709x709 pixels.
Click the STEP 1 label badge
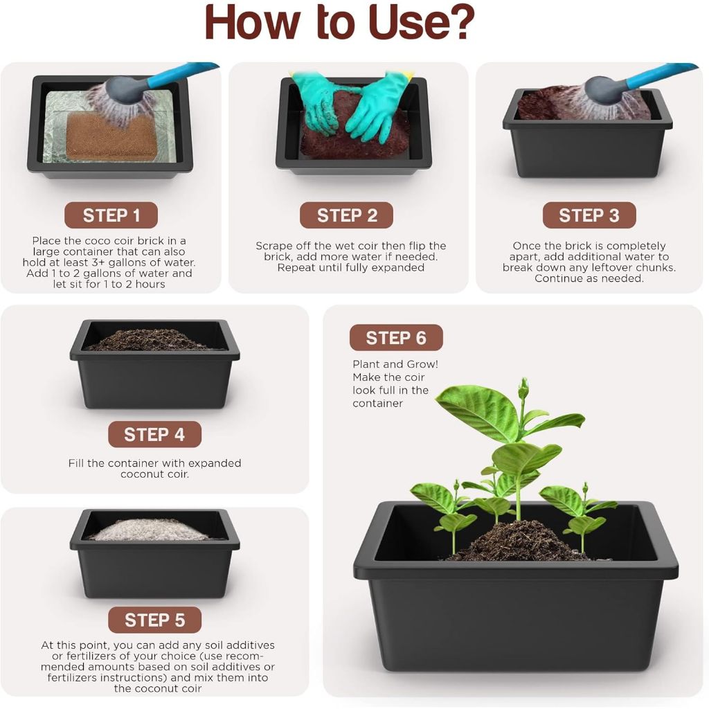tap(111, 215)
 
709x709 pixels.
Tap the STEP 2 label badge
tap(346, 215)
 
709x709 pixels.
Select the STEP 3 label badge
tap(589, 215)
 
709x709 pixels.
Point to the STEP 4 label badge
tap(154, 435)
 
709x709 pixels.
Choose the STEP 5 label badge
tap(154, 620)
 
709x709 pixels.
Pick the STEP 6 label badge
tap(396, 338)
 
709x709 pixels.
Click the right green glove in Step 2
tap(381, 106)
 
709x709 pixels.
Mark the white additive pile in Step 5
tap(150, 530)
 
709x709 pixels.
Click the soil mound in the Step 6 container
tap(520, 541)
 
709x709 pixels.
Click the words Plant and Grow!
tap(395, 364)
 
